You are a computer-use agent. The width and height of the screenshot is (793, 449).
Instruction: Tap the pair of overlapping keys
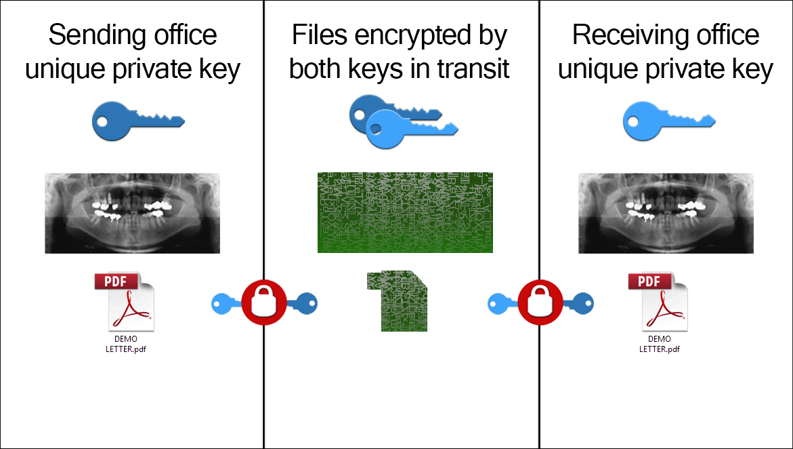click(404, 121)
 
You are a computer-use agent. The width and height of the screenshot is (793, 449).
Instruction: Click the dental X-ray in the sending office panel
click(133, 213)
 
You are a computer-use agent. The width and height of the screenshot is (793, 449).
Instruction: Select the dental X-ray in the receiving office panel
click(666, 213)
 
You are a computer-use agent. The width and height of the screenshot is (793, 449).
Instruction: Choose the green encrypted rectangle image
click(405, 213)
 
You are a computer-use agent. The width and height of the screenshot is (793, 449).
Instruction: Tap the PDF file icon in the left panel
click(125, 301)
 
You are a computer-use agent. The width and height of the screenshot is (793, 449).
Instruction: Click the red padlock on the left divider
click(263, 302)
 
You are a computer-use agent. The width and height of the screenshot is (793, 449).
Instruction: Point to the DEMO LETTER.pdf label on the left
click(125, 344)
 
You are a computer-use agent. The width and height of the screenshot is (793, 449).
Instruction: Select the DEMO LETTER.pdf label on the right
click(659, 344)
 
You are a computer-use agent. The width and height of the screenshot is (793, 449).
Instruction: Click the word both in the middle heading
click(316, 69)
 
